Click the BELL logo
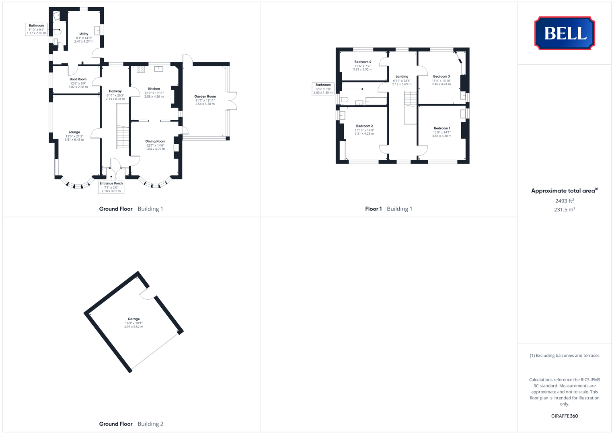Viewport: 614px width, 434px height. pos(565,33)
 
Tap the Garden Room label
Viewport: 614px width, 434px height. pos(205,96)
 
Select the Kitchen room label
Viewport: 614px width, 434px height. pos(154,89)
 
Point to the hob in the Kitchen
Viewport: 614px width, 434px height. pos(141,70)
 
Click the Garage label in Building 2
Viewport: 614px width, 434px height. pos(134,319)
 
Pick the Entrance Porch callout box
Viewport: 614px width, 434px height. pos(111,187)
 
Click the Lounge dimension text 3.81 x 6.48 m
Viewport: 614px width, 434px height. pos(74,140)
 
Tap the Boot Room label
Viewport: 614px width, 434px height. pos(78,79)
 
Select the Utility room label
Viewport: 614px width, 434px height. pos(84,34)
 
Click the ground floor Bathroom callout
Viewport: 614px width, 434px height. pos(37,29)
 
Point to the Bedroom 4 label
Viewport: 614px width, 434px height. pos(363,62)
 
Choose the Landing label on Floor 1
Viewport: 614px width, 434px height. pos(402,76)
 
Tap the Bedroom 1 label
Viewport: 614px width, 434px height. pos(442,128)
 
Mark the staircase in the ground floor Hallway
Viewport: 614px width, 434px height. pos(123,137)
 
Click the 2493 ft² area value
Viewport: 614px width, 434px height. pos(565,201)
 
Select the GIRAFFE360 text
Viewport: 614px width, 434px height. pos(565,416)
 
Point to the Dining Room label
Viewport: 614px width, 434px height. pos(155,141)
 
